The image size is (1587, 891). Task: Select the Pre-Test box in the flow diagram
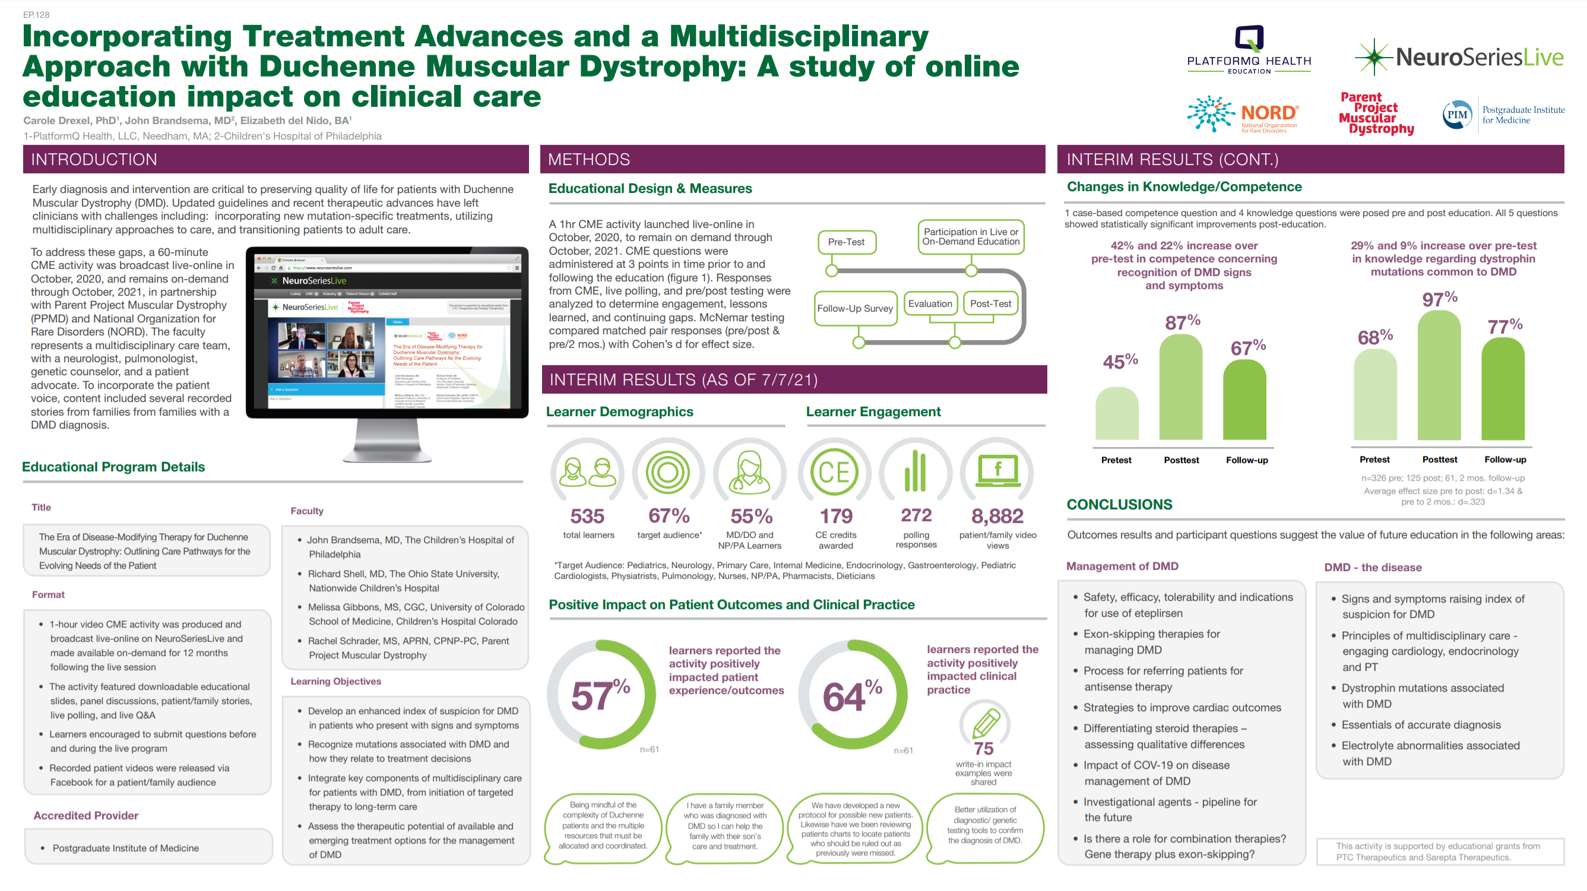click(847, 243)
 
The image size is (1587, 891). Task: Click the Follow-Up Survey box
click(854, 309)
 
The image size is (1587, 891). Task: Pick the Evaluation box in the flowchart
click(930, 304)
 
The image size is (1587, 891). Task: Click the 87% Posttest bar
click(1180, 388)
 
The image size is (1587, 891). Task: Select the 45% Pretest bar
click(1116, 413)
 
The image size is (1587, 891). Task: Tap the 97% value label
click(1439, 299)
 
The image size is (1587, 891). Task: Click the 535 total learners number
click(587, 516)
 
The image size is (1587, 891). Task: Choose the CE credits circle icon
click(834, 473)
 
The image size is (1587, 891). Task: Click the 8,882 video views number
click(997, 516)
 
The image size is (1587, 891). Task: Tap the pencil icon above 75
click(985, 723)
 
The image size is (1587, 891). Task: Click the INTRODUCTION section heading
click(94, 160)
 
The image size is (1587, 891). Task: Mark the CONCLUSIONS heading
click(1119, 505)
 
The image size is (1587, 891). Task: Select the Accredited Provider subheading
click(85, 816)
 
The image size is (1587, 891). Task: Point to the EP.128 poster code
click(36, 15)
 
